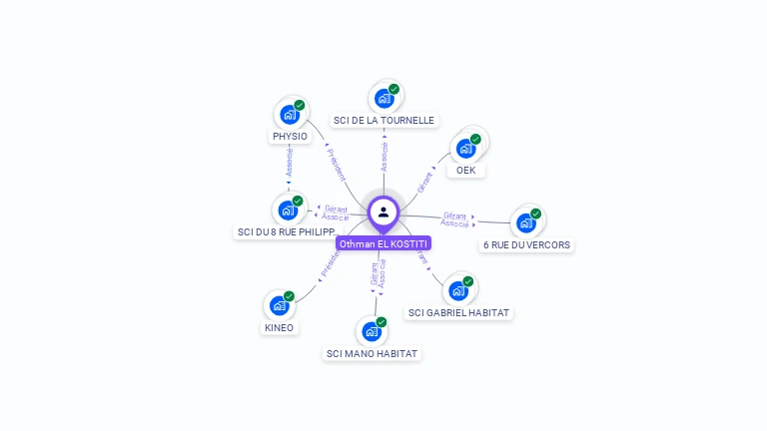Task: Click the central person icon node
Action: (x=383, y=212)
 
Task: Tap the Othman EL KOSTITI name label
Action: (x=383, y=243)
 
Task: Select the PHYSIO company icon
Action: (x=290, y=115)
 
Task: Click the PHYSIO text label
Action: (x=290, y=137)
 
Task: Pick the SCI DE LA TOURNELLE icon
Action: (x=383, y=98)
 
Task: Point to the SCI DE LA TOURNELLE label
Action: (x=383, y=121)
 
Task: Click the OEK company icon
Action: (x=465, y=148)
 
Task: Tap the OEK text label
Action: (x=465, y=171)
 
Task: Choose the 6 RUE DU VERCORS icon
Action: (x=526, y=221)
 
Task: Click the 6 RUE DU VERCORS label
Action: (x=526, y=245)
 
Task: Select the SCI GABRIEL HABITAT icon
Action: (x=458, y=289)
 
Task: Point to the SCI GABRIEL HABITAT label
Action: (x=458, y=313)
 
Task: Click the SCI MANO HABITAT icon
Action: (x=372, y=331)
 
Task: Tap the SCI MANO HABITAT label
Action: (x=372, y=354)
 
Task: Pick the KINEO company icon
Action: (x=280, y=305)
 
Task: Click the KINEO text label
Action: (x=280, y=328)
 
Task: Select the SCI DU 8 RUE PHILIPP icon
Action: (x=288, y=210)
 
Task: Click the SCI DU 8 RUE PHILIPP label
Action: (x=288, y=232)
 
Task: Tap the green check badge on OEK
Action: (x=475, y=139)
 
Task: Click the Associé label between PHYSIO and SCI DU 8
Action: (x=289, y=163)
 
